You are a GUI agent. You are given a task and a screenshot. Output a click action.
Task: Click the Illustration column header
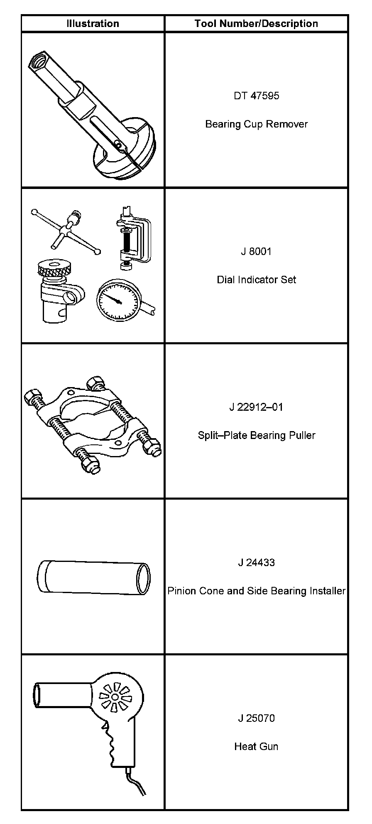click(x=93, y=24)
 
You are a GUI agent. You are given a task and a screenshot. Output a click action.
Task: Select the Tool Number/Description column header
click(x=256, y=24)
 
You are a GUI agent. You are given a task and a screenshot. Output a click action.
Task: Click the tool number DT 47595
click(x=256, y=96)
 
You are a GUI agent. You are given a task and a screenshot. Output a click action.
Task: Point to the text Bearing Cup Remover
click(x=256, y=124)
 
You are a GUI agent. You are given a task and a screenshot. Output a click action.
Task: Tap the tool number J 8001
click(x=256, y=251)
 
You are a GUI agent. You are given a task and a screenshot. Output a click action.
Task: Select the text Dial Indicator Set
click(x=256, y=280)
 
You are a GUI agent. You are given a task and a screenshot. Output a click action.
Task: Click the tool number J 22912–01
click(x=256, y=407)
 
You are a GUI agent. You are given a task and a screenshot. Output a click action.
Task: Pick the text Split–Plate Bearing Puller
click(x=256, y=435)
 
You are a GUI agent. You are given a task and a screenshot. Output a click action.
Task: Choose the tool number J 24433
click(x=256, y=563)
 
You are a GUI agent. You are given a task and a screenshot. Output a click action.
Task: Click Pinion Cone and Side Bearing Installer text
click(x=256, y=591)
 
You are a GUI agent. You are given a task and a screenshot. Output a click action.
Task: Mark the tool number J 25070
click(x=256, y=718)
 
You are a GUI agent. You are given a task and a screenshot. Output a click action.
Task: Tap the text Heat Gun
click(x=256, y=746)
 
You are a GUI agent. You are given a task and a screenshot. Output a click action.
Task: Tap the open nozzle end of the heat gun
click(x=37, y=695)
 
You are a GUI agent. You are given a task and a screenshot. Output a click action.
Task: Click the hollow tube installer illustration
click(x=93, y=577)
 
